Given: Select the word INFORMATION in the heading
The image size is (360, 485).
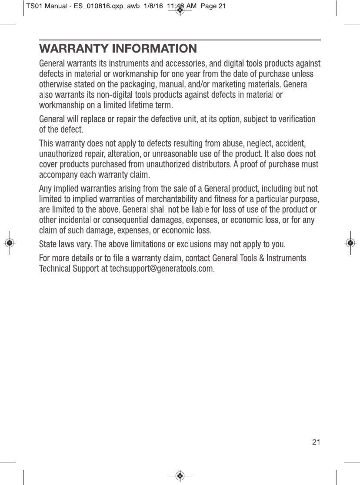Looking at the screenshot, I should pyautogui.click(x=154, y=48).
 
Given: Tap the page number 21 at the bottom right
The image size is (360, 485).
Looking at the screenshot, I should pyautogui.click(x=316, y=442).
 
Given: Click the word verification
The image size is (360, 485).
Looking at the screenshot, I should pyautogui.click(x=295, y=119).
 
